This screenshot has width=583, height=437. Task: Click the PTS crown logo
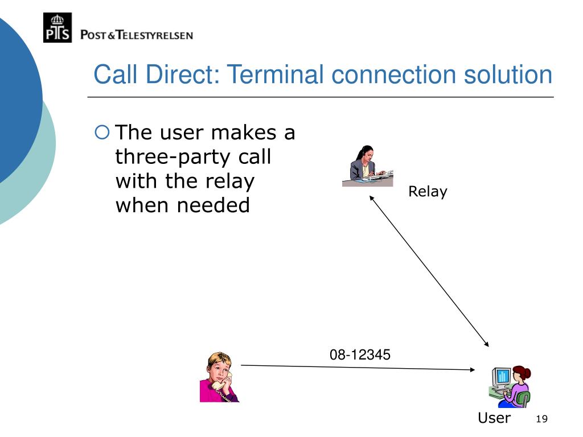coord(58,27)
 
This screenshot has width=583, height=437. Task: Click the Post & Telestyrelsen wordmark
coord(137,35)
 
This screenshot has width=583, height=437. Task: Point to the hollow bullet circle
coord(101,133)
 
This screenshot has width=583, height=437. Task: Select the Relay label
coord(428,192)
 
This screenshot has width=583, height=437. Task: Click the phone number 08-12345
coord(360,355)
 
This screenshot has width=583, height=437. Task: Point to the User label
coord(494,418)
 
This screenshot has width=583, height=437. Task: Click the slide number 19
coord(541,419)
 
